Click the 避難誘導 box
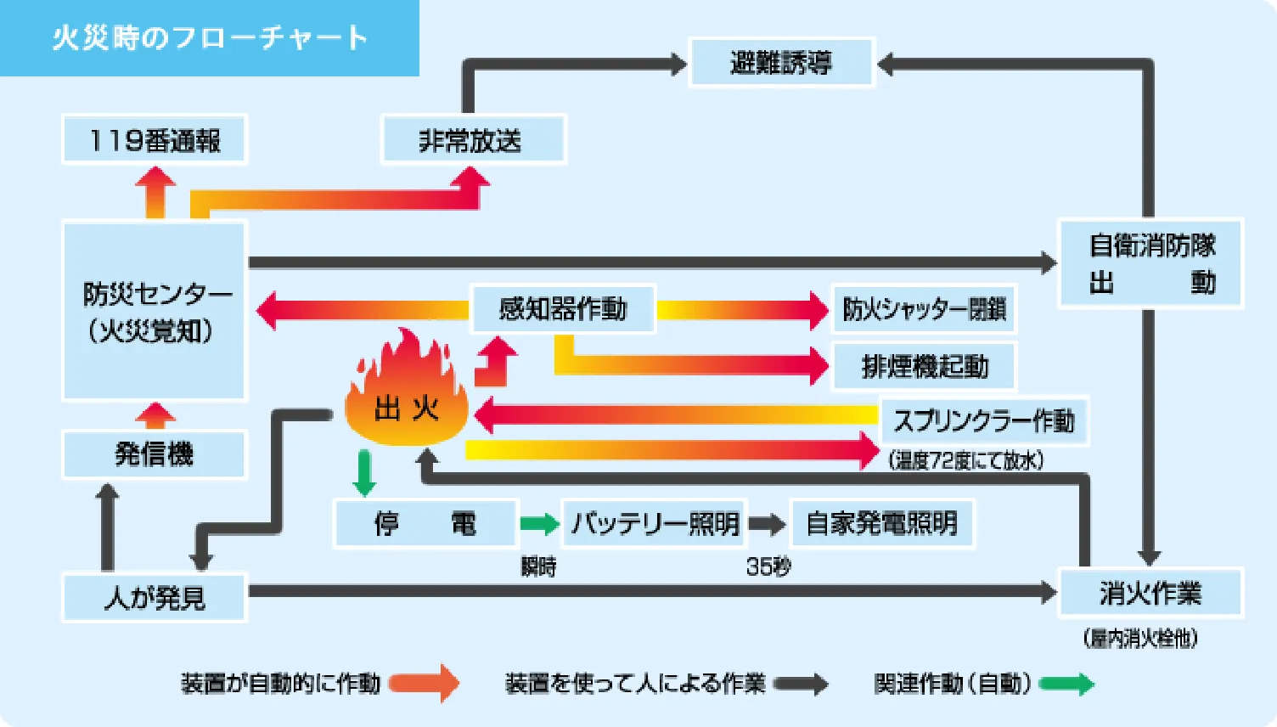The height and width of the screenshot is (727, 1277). click(x=781, y=63)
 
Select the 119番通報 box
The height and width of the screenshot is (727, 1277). click(x=155, y=140)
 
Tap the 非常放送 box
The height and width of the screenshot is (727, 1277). click(x=473, y=140)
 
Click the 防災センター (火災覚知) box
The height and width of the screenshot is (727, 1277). click(x=155, y=311)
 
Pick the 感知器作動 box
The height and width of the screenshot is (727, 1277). click(x=563, y=308)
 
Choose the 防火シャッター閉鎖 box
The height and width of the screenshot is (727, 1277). click(x=924, y=309)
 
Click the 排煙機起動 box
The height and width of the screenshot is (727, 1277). click(x=924, y=367)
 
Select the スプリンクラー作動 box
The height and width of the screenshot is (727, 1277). click(x=983, y=420)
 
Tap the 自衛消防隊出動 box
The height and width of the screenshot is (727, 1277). click(x=1150, y=263)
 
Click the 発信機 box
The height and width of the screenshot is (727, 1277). click(x=155, y=454)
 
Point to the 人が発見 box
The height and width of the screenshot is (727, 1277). click(x=155, y=597)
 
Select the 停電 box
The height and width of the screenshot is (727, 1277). click(x=425, y=523)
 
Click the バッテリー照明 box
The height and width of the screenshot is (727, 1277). click(x=655, y=523)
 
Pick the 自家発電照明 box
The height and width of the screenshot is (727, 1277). click(x=881, y=523)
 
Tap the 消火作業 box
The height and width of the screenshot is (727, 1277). click(x=1150, y=593)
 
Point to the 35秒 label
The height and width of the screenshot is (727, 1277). click(x=768, y=566)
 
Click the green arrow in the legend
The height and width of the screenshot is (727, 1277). click(x=1066, y=684)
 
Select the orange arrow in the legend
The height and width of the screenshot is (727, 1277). click(x=425, y=684)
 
